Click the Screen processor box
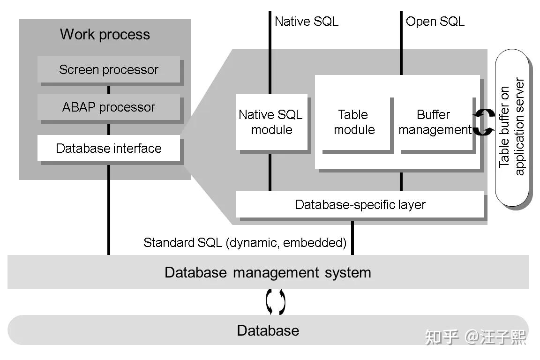[x=108, y=70]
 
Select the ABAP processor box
[x=108, y=107]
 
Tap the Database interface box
[x=108, y=149]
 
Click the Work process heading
[x=105, y=34]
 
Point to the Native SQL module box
[x=271, y=122]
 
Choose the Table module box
[x=354, y=122]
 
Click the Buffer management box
[x=434, y=122]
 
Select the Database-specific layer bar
[x=360, y=205]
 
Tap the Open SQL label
[x=435, y=21]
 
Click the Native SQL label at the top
[x=306, y=21]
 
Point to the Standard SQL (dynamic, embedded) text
[x=245, y=243]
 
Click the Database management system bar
[x=268, y=272]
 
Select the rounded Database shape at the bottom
[x=268, y=330]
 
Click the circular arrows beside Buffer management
[x=483, y=122]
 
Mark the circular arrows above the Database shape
[x=276, y=302]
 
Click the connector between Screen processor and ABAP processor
[x=109, y=90]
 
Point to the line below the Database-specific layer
[x=352, y=237]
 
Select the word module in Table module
[x=354, y=130]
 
